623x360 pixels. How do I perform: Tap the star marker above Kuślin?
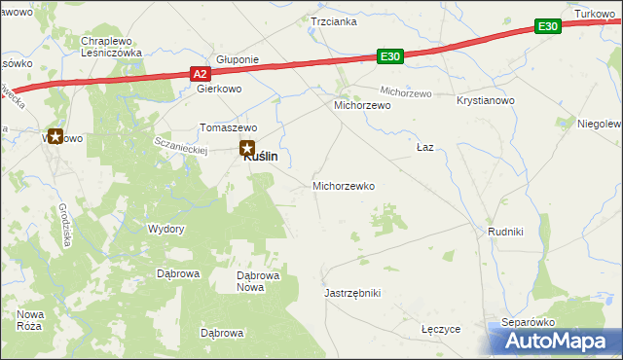246,148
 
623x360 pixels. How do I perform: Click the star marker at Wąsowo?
55,137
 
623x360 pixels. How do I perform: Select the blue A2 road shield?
200,73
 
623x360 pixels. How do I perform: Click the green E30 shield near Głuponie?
390,58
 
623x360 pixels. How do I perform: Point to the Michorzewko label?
343,185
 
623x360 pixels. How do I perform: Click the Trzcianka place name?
333,20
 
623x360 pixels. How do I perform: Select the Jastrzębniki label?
351,293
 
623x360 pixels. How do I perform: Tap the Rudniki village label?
506,232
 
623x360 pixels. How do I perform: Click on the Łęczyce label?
441,329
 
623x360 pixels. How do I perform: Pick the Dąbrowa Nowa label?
258,280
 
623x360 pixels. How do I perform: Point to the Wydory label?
165,229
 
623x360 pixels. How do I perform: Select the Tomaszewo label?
228,127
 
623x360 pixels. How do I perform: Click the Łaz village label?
424,147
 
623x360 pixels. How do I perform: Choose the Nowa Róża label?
31,319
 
